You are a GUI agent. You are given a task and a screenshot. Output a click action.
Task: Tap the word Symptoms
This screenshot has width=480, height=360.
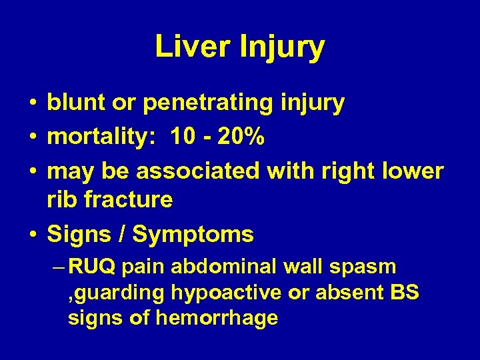pyautogui.click(x=193, y=235)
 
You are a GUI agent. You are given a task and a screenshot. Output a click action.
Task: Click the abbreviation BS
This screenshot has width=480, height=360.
pyautogui.click(x=405, y=292)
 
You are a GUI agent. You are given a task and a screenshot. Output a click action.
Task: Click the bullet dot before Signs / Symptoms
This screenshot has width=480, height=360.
pyautogui.click(x=33, y=234)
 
